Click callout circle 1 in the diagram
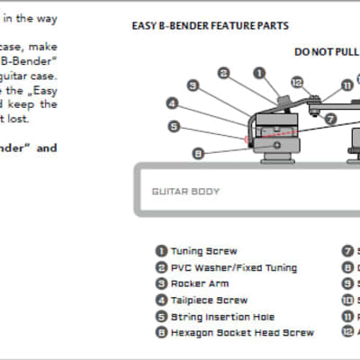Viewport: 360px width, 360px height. [259, 72]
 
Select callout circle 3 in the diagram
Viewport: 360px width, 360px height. [193, 85]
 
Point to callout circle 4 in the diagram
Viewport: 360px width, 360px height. [174, 103]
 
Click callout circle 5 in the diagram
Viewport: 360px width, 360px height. [174, 127]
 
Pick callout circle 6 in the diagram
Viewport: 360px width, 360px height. [198, 154]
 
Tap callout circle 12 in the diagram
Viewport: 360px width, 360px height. [297, 84]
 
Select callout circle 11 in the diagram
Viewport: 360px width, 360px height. [346, 85]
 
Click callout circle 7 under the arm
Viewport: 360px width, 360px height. [331, 118]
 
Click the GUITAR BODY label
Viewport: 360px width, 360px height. [185, 192]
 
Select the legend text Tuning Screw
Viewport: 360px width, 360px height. [204, 251]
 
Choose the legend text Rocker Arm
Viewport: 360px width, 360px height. [201, 283]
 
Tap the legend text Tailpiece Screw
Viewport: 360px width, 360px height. [209, 300]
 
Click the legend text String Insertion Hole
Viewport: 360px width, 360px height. [222, 317]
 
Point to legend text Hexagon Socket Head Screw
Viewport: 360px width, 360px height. [242, 333]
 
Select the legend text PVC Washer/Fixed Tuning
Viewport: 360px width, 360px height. [233, 267]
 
